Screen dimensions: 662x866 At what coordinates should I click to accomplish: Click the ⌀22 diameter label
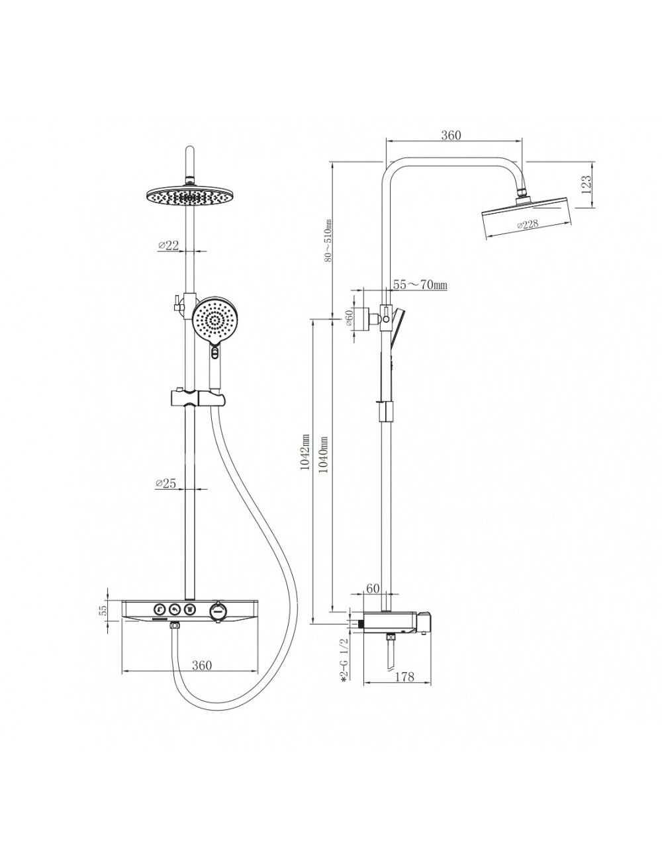coord(168,245)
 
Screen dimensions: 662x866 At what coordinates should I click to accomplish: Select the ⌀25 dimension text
coord(165,483)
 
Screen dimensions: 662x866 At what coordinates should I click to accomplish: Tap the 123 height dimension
coord(587,184)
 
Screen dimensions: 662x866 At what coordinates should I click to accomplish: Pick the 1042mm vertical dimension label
coord(305,453)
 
